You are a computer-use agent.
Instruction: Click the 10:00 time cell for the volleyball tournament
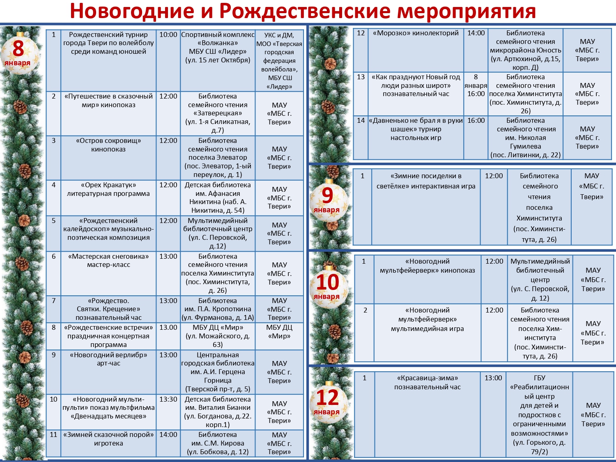point(168,60)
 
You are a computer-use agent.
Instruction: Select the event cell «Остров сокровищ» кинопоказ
point(108,158)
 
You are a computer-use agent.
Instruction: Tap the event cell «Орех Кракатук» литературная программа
point(108,198)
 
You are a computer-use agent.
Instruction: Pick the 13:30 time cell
point(168,412)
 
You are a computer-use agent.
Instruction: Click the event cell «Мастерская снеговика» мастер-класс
point(108,273)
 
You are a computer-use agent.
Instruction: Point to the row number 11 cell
point(53,443)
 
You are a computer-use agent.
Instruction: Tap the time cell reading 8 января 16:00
point(476,94)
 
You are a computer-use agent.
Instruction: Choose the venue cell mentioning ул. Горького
point(539,415)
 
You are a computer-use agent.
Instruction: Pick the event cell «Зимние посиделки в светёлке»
point(426,207)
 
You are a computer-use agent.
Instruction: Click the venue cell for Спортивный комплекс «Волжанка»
point(218,60)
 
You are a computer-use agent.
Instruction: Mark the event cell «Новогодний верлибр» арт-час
point(108,372)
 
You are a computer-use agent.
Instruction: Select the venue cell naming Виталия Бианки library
point(218,412)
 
